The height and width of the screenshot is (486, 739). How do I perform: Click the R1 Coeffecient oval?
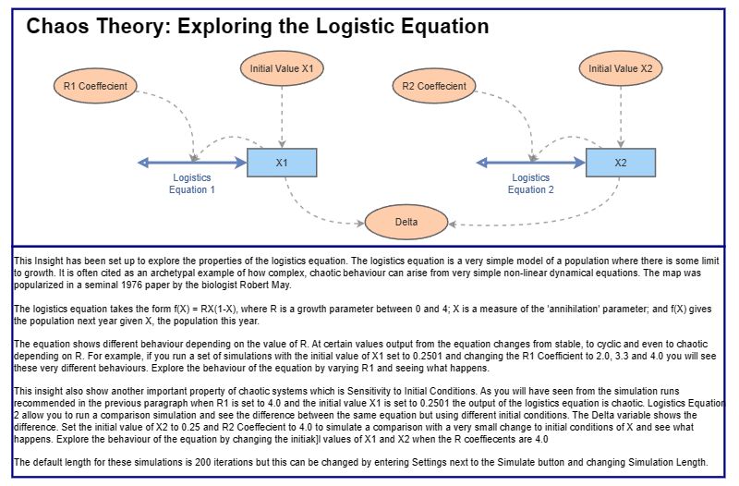[x=95, y=87]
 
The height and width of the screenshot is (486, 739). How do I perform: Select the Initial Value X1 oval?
[x=282, y=67]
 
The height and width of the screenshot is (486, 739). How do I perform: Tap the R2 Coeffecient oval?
[x=434, y=87]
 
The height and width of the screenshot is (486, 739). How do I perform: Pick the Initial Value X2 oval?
[x=621, y=67]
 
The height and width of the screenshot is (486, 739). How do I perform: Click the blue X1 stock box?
[x=282, y=163]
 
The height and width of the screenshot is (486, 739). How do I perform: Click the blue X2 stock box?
[x=621, y=163]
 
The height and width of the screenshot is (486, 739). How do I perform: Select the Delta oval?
[x=406, y=223]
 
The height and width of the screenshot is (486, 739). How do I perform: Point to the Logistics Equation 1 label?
[x=192, y=183]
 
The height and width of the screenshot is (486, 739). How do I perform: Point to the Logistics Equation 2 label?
[x=531, y=183]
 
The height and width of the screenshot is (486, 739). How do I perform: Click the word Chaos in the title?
[x=57, y=27]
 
